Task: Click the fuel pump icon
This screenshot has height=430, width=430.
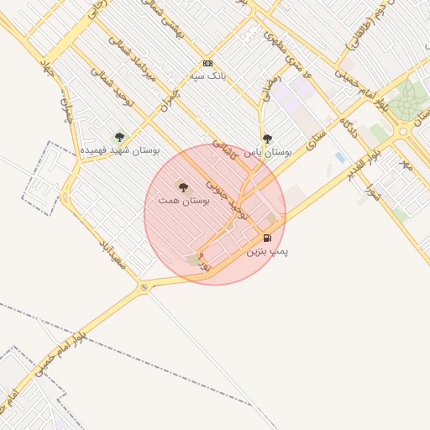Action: point(267,238)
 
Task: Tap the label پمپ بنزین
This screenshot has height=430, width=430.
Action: point(267,250)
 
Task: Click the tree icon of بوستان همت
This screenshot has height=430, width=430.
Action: point(183,186)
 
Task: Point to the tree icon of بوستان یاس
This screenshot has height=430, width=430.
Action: point(267,139)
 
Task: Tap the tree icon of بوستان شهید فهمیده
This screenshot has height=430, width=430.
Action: point(118,136)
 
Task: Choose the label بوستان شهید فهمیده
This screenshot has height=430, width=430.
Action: point(120,150)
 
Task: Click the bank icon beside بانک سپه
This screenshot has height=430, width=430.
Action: point(207,64)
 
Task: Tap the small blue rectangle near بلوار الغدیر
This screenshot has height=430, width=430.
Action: point(339,157)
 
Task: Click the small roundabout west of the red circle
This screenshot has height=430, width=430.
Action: point(144,288)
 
